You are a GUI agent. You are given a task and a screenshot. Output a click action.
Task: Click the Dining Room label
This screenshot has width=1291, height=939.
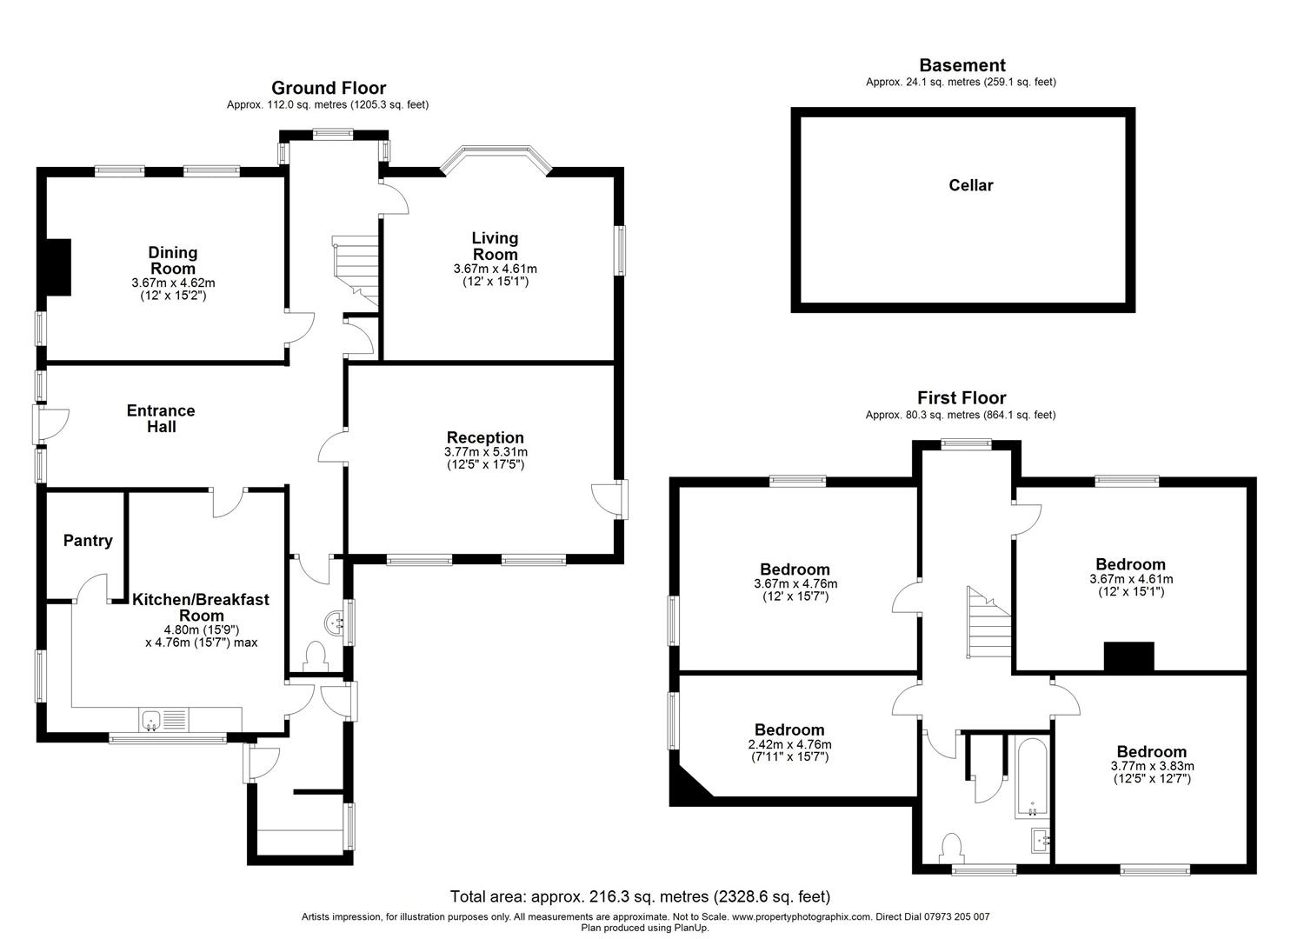click(173, 260)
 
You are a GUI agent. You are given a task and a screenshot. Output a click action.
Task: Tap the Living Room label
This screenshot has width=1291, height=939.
click(495, 245)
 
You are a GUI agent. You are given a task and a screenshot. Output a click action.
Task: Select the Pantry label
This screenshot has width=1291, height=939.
click(88, 541)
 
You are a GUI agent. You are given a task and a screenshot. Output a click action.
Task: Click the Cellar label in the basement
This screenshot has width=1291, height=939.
click(970, 185)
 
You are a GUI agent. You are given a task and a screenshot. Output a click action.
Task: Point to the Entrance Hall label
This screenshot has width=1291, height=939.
click(161, 418)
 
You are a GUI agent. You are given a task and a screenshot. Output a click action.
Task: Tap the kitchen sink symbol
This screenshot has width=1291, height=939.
click(151, 720)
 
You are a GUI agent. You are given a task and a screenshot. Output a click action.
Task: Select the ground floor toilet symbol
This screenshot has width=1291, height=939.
click(315, 655)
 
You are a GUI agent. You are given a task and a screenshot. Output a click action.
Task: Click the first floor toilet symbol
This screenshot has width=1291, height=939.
click(951, 847)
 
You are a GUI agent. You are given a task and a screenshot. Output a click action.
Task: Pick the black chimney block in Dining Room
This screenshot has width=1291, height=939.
click(57, 267)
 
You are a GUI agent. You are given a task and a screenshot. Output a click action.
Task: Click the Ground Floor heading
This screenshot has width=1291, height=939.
click(329, 88)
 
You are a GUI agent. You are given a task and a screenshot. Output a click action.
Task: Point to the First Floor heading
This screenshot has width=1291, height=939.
click(962, 398)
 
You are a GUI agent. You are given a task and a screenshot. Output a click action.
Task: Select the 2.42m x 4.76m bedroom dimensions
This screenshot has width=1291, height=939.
click(789, 751)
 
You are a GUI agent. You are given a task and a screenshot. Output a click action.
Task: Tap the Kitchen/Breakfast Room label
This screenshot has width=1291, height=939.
click(201, 607)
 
